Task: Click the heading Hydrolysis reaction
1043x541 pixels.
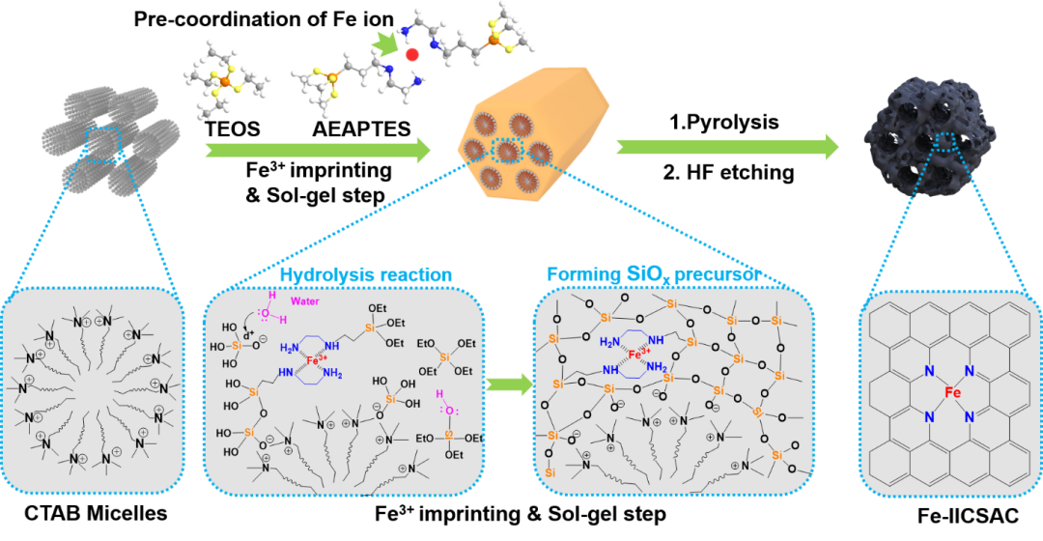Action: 365,275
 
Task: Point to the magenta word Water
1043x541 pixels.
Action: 306,301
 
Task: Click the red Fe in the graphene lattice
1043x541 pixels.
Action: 953,394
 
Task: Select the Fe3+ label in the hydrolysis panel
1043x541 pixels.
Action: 316,360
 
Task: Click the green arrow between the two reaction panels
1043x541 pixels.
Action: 508,384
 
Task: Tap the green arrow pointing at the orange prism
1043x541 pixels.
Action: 319,150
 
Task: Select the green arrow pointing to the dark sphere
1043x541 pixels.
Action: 726,146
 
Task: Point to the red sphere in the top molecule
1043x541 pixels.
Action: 412,55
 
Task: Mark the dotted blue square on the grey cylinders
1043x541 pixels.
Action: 103,144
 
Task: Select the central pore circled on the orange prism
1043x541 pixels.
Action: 509,151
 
